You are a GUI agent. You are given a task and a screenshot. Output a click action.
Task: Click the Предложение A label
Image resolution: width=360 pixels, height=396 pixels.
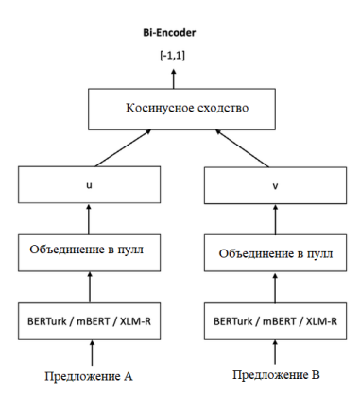pyautogui.click(x=89, y=375)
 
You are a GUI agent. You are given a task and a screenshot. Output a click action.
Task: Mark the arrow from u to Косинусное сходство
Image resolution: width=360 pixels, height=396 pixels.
pyautogui.click(x=119, y=149)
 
